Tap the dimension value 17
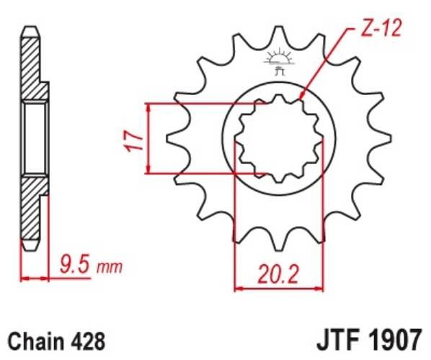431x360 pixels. (x=129, y=138)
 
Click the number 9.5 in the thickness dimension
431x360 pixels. (x=74, y=268)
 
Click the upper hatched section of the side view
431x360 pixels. (x=32, y=68)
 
